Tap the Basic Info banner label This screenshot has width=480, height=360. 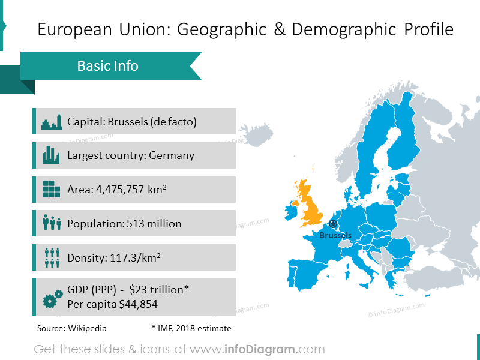pyautogui.click(x=108, y=65)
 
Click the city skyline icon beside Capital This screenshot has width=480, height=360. pyautogui.click(x=52, y=122)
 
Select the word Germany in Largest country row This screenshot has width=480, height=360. pyautogui.click(x=172, y=155)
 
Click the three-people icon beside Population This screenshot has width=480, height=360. pyautogui.click(x=52, y=223)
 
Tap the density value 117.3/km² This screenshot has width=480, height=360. pyautogui.click(x=135, y=258)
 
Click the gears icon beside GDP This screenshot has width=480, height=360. pyautogui.click(x=53, y=297)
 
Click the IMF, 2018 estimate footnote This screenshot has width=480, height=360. pyautogui.click(x=191, y=328)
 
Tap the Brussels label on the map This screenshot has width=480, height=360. pyautogui.click(x=335, y=235)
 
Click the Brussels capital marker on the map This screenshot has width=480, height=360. pyautogui.click(x=334, y=224)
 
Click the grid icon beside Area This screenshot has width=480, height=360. pyautogui.click(x=52, y=190)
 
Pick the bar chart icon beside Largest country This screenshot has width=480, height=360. pyautogui.click(x=52, y=155)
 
